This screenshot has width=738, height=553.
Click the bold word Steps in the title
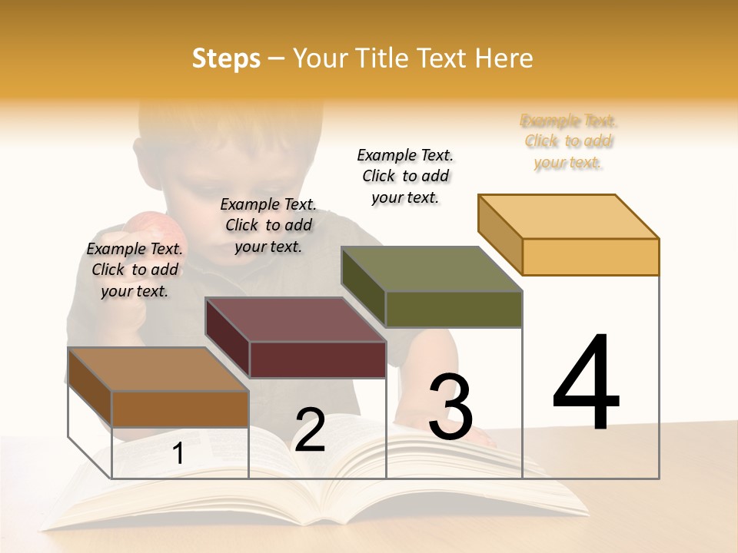pyautogui.click(x=226, y=58)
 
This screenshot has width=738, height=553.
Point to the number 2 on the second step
pyautogui.click(x=310, y=431)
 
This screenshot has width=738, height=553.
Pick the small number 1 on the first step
pyautogui.click(x=178, y=454)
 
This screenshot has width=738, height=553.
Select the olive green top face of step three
pyautogui.click(x=432, y=269)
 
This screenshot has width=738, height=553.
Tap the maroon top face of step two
pyautogui.click(x=295, y=320)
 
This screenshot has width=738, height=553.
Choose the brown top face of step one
pyautogui.click(x=158, y=369)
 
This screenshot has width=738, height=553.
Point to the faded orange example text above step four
pyautogui.click(x=568, y=141)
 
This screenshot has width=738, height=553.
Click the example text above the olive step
pyautogui.click(x=405, y=176)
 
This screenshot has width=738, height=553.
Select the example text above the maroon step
pyautogui.click(x=268, y=225)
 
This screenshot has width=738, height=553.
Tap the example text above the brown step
pyautogui.click(x=135, y=270)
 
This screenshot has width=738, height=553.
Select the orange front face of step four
pyautogui.click(x=590, y=257)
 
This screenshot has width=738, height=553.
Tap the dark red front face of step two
pyautogui.click(x=317, y=359)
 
